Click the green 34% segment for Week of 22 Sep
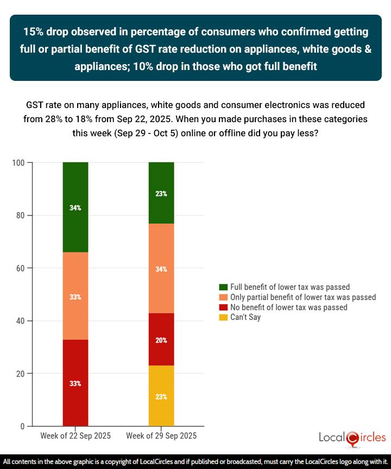tap(75, 207)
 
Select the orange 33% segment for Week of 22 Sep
tap(75, 296)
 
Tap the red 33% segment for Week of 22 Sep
tap(75, 383)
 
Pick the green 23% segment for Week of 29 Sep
tap(161, 193)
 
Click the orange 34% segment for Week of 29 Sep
tap(161, 268)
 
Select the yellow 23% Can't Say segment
tap(161, 396)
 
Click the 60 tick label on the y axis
tap(20, 268)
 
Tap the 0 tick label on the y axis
tap(22, 426)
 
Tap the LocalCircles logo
tap(352, 438)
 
